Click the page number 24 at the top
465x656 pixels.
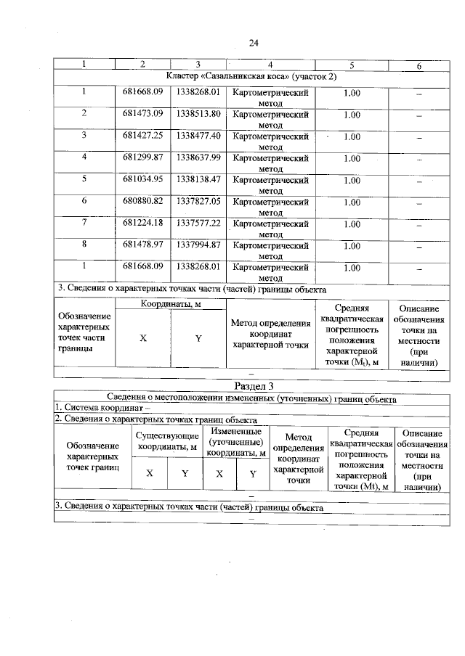coord(254,43)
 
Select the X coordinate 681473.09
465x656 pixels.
coord(142,115)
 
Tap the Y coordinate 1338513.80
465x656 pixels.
coord(198,115)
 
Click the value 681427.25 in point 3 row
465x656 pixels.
coord(142,136)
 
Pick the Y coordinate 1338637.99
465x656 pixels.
coord(198,157)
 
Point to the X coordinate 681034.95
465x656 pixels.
coord(142,179)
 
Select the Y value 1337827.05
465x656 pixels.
coord(198,201)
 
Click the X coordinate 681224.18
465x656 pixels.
coord(142,224)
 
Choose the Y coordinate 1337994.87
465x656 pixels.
coord(198,245)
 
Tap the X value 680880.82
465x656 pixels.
coord(142,201)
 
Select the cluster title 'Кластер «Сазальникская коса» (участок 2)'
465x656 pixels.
coord(251,76)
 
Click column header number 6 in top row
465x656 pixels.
coord(418,66)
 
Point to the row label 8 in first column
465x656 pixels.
coord(84,245)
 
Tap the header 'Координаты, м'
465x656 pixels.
coord(170,305)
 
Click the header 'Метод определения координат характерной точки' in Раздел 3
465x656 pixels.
coord(298,459)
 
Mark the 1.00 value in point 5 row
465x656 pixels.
coord(352,180)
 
